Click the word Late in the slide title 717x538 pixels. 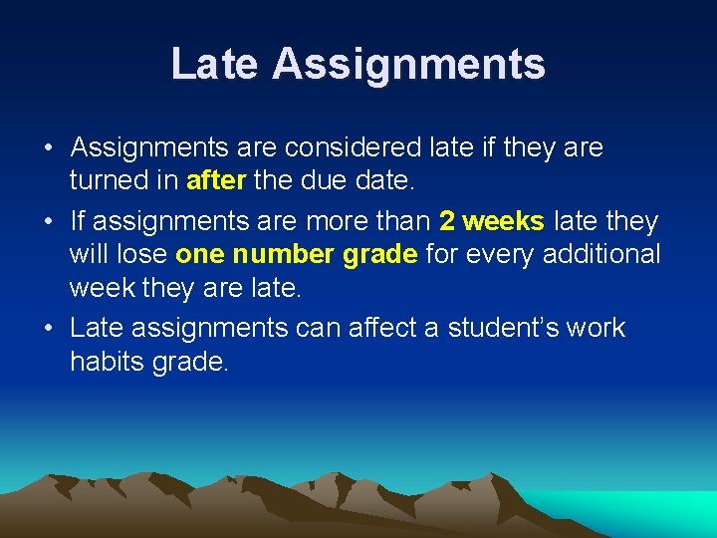[215, 64]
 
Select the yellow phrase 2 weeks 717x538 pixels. [492, 220]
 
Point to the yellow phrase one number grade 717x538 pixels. [296, 255]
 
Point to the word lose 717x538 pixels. [141, 255]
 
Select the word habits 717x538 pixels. [108, 362]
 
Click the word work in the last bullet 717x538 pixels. [597, 328]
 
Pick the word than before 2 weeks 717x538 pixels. [404, 220]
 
